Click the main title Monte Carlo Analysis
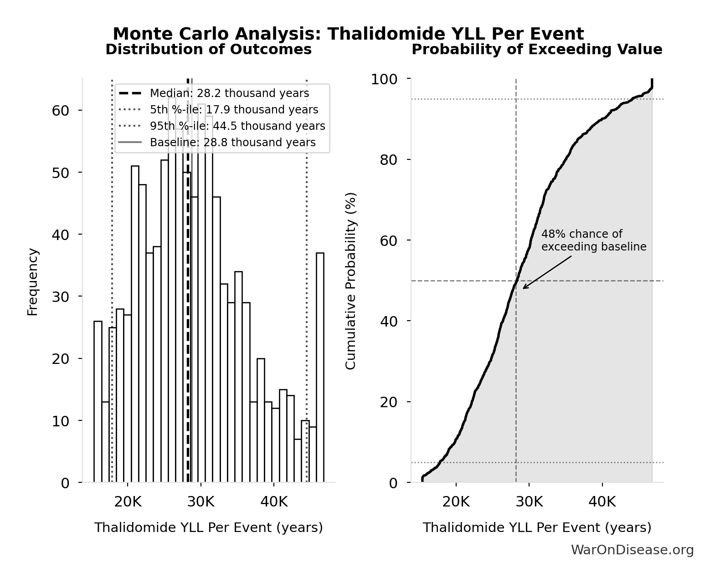pos(348,34)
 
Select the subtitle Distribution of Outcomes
pos(209,50)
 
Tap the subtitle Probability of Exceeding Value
pos(537,50)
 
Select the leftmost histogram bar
pos(98,401)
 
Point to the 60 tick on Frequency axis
pos(60,111)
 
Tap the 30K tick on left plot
pos(201,502)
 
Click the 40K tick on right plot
pos(602,502)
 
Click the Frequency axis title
pos(33,281)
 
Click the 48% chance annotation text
pos(593,240)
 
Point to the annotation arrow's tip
pos(523,288)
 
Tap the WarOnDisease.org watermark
pos(632,550)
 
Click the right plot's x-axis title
pos(537,527)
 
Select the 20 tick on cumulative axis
pos(388,402)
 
